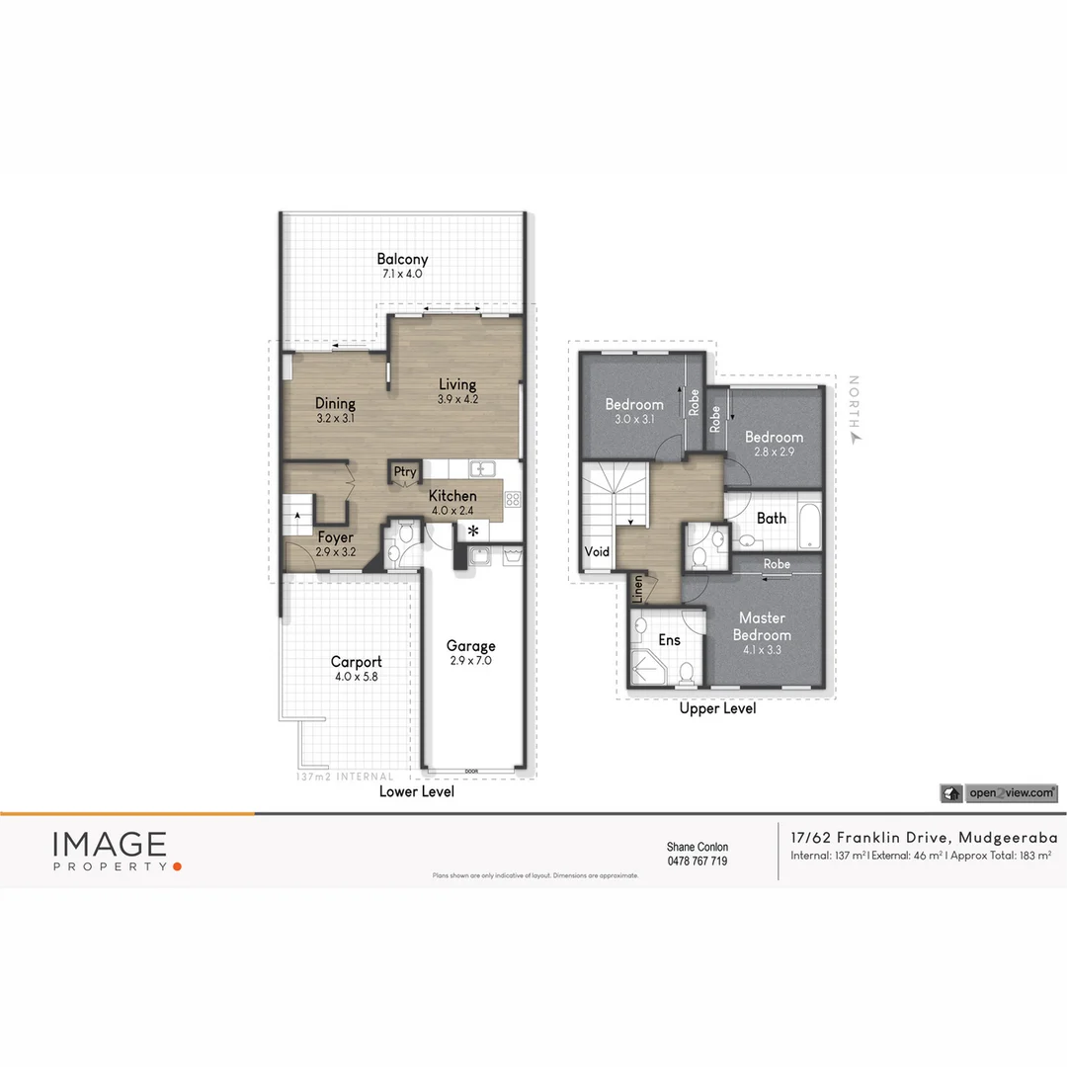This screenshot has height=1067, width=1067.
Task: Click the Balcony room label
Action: point(402,260)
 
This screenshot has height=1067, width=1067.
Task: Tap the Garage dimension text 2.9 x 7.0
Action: point(469,660)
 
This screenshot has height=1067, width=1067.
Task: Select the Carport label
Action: point(356,662)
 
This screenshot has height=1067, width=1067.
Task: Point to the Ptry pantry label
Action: point(405,472)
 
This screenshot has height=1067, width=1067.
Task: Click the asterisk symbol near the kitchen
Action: point(473,532)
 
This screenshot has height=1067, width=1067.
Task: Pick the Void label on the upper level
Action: point(597,551)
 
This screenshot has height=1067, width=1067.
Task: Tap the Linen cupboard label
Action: point(638,589)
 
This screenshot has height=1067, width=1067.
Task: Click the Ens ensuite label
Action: point(670,640)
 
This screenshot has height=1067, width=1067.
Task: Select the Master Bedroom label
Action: point(764,626)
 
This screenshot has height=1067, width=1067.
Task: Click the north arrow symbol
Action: point(857,436)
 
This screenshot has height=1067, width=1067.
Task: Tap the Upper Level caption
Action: point(717,708)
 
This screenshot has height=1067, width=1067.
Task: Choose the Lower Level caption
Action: point(417,791)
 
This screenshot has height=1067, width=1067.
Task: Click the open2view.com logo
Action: point(999,792)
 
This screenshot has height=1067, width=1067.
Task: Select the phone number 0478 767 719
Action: point(697,862)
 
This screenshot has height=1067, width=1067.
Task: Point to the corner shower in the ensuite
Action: point(649,669)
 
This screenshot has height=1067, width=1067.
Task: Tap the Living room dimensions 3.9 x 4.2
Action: point(457,400)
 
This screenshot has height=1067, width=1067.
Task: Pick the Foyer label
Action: point(336,538)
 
